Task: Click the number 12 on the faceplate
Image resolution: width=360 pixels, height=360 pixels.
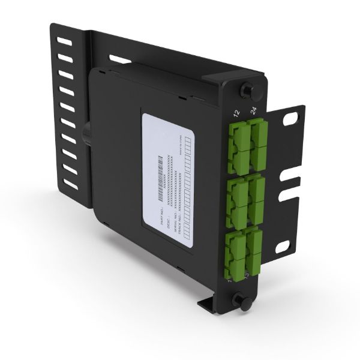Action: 236,112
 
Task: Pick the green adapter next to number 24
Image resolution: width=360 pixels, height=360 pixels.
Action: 259,137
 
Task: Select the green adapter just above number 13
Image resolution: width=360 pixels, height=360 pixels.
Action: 254,247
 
